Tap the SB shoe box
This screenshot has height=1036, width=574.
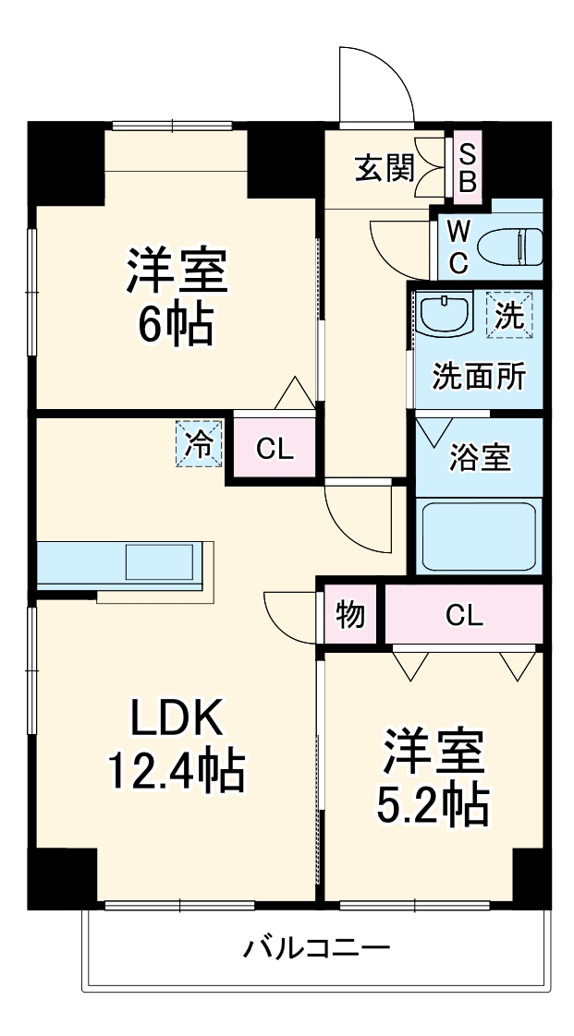pyautogui.click(x=467, y=167)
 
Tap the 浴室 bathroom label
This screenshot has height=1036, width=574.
pyautogui.click(x=480, y=458)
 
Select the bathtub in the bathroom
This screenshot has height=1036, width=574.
pyautogui.click(x=479, y=536)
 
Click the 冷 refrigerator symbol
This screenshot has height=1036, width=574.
pyautogui.click(x=199, y=443)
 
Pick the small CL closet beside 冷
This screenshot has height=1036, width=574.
pyautogui.click(x=275, y=449)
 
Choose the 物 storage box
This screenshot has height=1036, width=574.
pyautogui.click(x=350, y=614)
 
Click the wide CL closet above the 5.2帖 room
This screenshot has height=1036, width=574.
pyautogui.click(x=463, y=615)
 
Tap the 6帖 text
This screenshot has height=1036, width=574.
pyautogui.click(x=176, y=324)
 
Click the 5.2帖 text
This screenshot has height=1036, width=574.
pyautogui.click(x=431, y=805)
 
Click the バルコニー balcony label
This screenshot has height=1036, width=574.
pyautogui.click(x=317, y=947)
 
